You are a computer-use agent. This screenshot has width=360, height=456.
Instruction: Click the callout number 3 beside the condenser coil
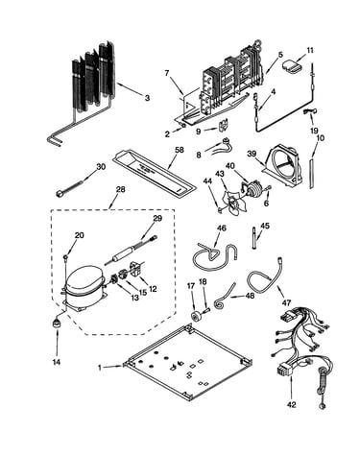147,98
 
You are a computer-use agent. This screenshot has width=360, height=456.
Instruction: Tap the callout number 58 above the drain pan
180,150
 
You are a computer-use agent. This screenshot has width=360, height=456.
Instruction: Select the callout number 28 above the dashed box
120,189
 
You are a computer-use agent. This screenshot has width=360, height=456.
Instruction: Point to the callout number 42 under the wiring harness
292,405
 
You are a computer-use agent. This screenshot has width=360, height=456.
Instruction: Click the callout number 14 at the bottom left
57,362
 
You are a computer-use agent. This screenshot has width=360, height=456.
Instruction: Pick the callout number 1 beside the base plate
100,368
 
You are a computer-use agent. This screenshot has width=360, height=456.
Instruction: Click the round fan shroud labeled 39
283,166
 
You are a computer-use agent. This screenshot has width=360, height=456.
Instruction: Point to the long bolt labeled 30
70,188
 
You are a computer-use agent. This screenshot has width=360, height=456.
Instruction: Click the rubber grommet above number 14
57,324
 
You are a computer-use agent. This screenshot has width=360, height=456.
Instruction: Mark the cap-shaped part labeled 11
292,65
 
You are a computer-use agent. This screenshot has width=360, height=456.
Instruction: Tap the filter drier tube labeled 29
132,251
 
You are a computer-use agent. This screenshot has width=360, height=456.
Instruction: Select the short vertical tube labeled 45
254,238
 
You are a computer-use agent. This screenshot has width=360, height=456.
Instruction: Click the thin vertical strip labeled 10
312,172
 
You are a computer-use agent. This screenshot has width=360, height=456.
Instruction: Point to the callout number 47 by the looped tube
287,302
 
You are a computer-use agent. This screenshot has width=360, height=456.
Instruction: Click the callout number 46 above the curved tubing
222,228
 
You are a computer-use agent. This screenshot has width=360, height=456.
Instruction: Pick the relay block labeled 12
135,269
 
